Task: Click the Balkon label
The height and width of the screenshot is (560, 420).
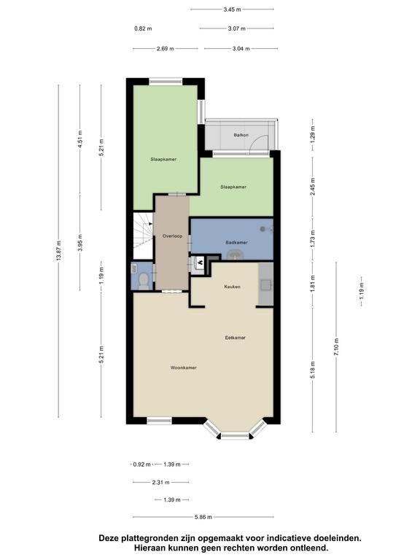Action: point(241,135)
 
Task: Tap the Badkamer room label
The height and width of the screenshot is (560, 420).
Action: point(236,243)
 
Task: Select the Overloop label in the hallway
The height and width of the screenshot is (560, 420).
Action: point(172,236)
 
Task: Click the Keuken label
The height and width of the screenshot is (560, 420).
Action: point(232,287)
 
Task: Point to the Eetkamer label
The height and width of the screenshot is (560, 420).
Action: point(235,338)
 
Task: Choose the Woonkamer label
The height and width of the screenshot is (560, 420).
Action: point(184,367)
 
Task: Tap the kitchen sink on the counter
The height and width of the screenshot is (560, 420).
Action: point(265,284)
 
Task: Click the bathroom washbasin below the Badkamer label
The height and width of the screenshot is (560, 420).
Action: point(236,254)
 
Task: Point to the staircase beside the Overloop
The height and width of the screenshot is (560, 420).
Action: point(143,236)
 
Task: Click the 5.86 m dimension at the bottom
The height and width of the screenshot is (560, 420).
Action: point(203,517)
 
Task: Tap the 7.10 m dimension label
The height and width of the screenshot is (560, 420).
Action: point(336,347)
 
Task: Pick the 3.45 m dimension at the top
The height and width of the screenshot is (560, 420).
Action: point(232,9)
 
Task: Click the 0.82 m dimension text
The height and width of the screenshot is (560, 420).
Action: point(143,28)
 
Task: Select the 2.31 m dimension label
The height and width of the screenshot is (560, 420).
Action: point(160,483)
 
